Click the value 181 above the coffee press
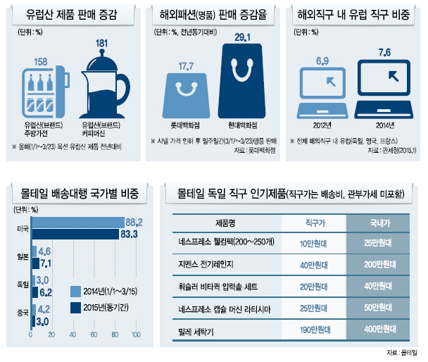101,43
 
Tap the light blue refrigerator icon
46,92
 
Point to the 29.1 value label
242,37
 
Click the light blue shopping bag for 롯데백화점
186,96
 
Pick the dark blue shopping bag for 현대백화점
242,81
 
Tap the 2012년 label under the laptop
322,125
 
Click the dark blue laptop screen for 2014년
384,77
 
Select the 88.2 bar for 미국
78,223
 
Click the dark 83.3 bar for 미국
75,234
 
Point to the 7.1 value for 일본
46,263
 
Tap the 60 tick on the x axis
94,335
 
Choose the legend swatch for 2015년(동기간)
75,308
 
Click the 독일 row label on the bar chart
23,285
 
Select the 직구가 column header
315,223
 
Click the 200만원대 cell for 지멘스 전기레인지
379,264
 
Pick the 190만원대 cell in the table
315,330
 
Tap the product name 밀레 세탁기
196,332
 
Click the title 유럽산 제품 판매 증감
72,14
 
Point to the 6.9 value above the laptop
322,61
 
